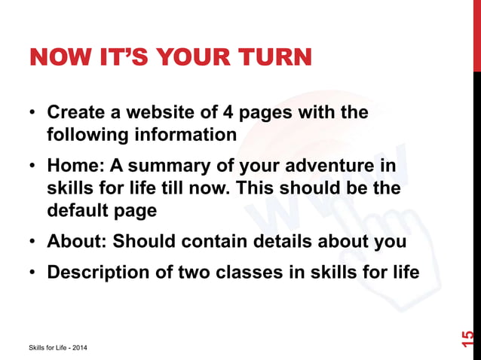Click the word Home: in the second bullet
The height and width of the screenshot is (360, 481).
click(x=75, y=166)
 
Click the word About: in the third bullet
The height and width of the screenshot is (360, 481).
click(x=79, y=242)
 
